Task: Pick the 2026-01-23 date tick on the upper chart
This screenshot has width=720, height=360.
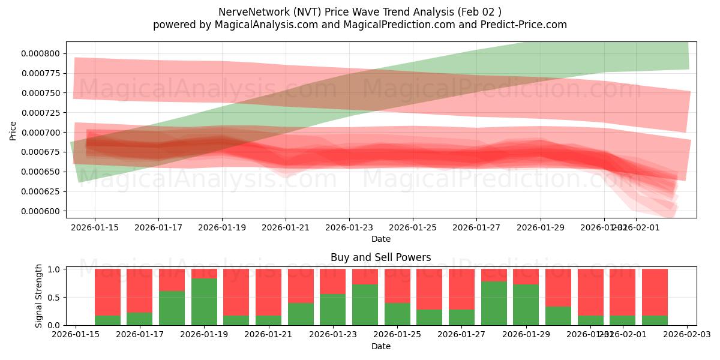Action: tap(349, 228)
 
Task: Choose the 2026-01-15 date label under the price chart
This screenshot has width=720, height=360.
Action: tap(95, 228)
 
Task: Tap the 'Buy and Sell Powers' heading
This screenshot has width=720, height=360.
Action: tap(380, 257)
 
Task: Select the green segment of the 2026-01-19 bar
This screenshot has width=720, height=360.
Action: tap(204, 302)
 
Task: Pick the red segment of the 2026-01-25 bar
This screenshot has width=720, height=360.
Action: tap(397, 286)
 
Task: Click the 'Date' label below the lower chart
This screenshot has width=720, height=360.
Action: tap(380, 346)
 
